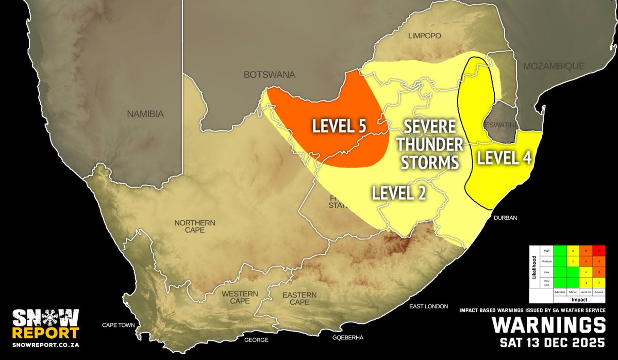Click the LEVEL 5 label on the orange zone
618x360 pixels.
point(338,127)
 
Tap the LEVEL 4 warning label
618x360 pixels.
point(504,158)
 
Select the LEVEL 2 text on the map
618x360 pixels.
point(399,193)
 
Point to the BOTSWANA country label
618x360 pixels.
point(269,75)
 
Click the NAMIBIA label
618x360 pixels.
point(145,114)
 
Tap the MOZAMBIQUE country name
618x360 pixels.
point(554,66)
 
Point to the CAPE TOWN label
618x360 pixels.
point(118,325)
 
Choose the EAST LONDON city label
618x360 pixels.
point(428,307)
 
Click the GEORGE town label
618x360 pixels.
point(256,340)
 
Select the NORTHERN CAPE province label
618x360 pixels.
point(194,226)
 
